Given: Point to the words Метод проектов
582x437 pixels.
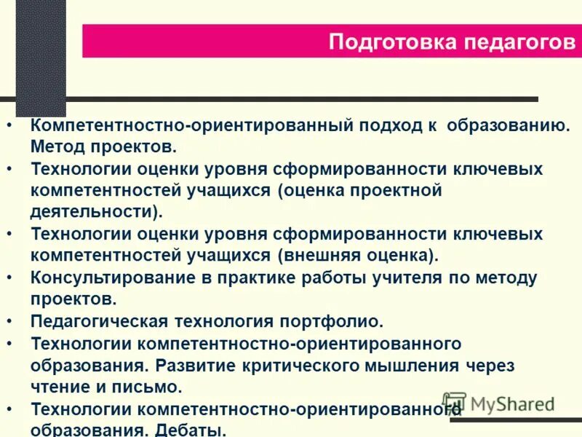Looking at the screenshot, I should coord(103,146).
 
